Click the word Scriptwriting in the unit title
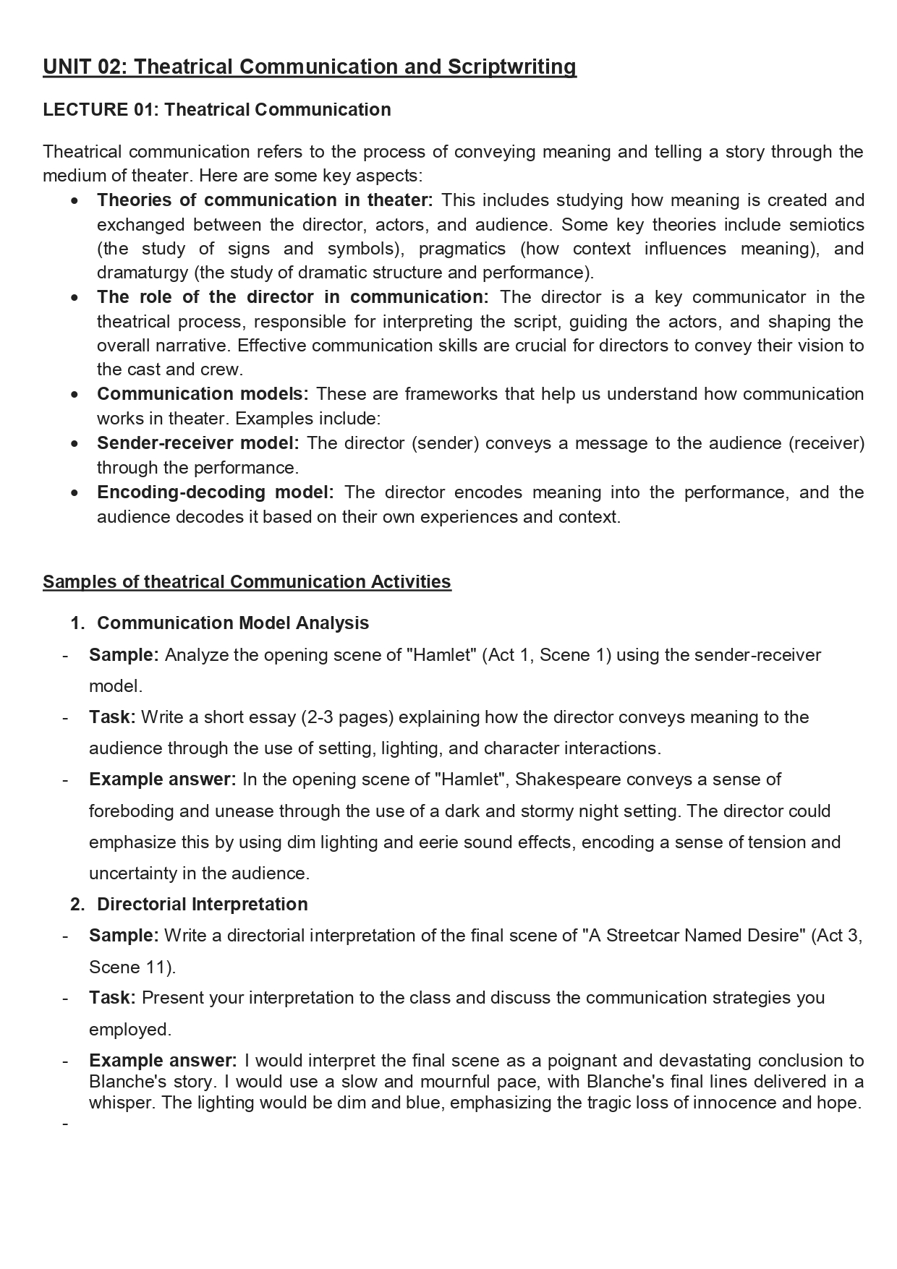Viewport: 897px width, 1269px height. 512,67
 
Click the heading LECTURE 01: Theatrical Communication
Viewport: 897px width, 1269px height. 217,110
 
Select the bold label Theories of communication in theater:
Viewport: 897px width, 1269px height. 265,200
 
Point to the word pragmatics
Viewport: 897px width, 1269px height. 462,249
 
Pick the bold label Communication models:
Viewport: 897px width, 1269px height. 203,394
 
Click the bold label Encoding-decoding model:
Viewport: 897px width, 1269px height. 215,492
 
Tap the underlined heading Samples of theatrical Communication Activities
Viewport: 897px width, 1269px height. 247,582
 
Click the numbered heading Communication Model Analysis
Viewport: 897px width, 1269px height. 233,623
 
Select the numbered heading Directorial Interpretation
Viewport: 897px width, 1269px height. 203,905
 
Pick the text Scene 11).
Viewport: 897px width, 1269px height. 132,967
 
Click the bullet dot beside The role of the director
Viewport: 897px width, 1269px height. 76,298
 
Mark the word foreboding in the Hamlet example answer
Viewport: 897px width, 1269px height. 131,811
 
